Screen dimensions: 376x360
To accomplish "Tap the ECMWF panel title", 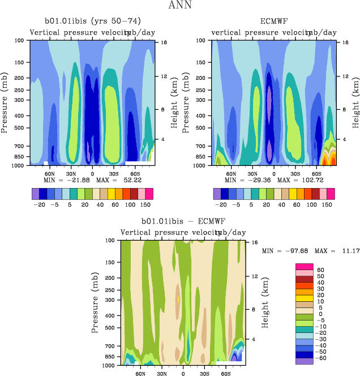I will [274, 22].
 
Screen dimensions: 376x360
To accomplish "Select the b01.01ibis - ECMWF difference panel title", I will [183, 222].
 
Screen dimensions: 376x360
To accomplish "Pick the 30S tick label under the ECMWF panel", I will [295, 174].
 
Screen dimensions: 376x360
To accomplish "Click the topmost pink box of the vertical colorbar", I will [303, 266].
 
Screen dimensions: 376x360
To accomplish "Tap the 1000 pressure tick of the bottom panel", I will [109, 366].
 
